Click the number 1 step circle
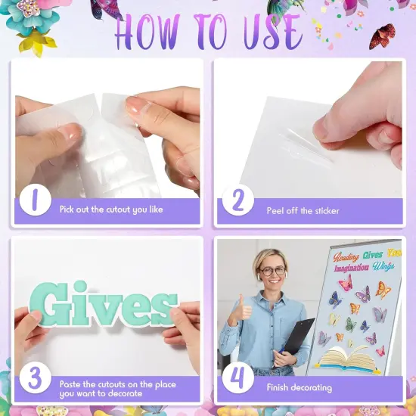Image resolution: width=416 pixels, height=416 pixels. pyautogui.click(x=34, y=203)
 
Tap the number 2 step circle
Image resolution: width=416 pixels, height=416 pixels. pyautogui.click(x=237, y=203)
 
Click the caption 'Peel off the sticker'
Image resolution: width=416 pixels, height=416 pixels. pyautogui.click(x=303, y=210)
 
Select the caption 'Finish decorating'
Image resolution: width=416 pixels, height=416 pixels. pyautogui.click(x=299, y=387)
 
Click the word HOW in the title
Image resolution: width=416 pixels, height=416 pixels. pyautogui.click(x=151, y=32)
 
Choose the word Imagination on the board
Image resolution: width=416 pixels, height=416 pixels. pyautogui.click(x=351, y=267)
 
